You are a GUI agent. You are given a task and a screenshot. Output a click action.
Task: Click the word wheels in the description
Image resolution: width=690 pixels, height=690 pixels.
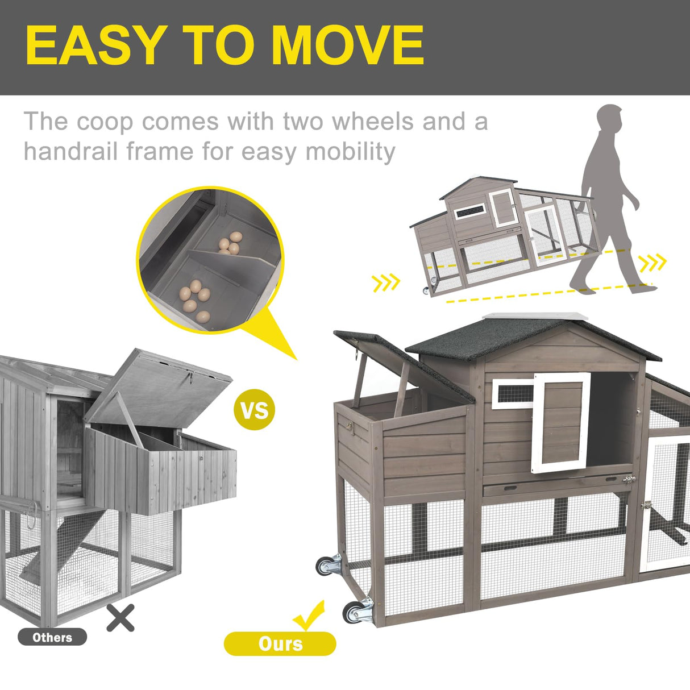tap(372, 122)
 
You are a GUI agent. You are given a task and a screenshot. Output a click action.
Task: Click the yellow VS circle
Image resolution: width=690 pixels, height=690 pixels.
tap(254, 409)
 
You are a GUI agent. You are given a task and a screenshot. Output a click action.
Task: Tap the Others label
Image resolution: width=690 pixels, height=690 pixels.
tap(52, 637)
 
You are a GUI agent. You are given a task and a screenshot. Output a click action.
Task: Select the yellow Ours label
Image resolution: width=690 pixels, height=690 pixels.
tap(280, 643)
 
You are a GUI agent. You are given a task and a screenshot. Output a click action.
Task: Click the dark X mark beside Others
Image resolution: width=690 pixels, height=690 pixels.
tap(120, 618)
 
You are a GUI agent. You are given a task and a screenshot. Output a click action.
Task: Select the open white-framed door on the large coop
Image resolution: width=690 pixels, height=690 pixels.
tap(561, 422)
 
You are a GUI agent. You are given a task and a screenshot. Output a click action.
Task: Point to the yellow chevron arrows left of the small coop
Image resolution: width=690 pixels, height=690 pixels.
tap(386, 282)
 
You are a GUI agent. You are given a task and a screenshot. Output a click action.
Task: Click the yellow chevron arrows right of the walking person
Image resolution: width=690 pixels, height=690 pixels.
tap(652, 263)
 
